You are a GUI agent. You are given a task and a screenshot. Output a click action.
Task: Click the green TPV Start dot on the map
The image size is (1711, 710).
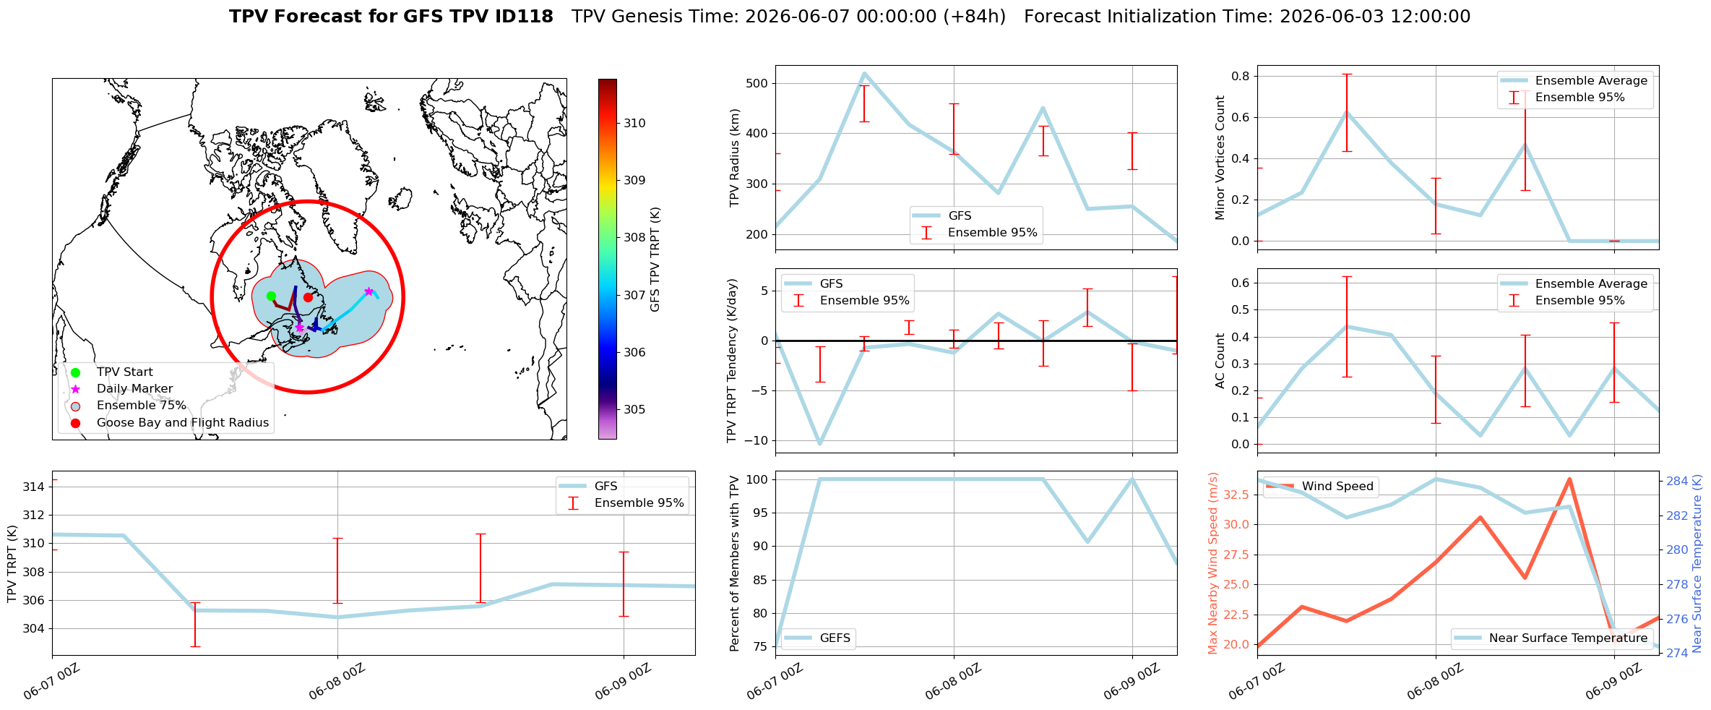pos(271,296)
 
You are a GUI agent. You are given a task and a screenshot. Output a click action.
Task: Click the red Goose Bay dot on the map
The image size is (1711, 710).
pos(308,297)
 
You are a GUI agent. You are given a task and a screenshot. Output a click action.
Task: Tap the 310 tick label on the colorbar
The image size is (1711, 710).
pos(634,123)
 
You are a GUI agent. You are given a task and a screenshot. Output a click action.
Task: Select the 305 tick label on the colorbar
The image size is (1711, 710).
pos(634,409)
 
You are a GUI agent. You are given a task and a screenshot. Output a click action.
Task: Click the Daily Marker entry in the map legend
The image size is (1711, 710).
pos(134,389)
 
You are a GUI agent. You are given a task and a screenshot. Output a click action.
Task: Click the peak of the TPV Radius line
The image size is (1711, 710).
pos(864,73)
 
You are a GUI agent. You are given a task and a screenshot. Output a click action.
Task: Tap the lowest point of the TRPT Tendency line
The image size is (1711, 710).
pos(819,444)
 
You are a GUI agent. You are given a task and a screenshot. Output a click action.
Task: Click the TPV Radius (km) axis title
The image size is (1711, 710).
pos(735,158)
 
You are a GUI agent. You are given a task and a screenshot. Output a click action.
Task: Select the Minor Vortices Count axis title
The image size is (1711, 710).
pos(1220,158)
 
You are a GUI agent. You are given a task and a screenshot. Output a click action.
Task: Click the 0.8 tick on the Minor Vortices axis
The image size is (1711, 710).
pos(1241,76)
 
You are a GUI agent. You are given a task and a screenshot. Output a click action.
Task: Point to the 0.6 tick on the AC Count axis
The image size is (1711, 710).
pos(1241,283)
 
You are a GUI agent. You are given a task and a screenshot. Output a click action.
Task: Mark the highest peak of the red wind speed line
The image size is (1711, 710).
pos(1569,479)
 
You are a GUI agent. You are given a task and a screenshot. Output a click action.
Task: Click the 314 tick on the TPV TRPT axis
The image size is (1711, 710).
pos(33,487)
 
